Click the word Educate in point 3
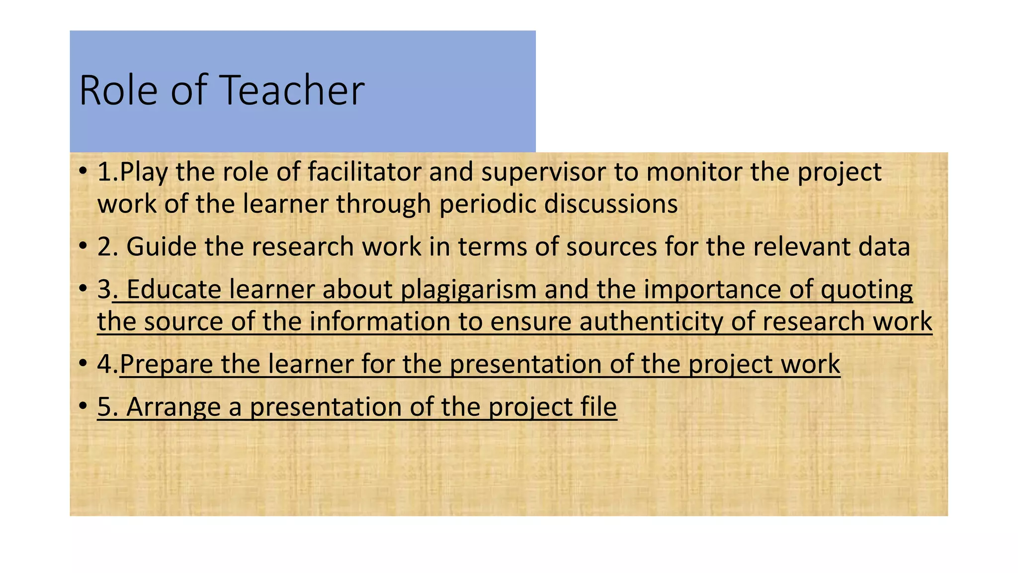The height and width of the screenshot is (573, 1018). pyautogui.click(x=174, y=289)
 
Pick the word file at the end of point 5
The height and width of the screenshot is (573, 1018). pyautogui.click(x=598, y=407)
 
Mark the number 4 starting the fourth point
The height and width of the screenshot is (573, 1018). pyautogui.click(x=104, y=364)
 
